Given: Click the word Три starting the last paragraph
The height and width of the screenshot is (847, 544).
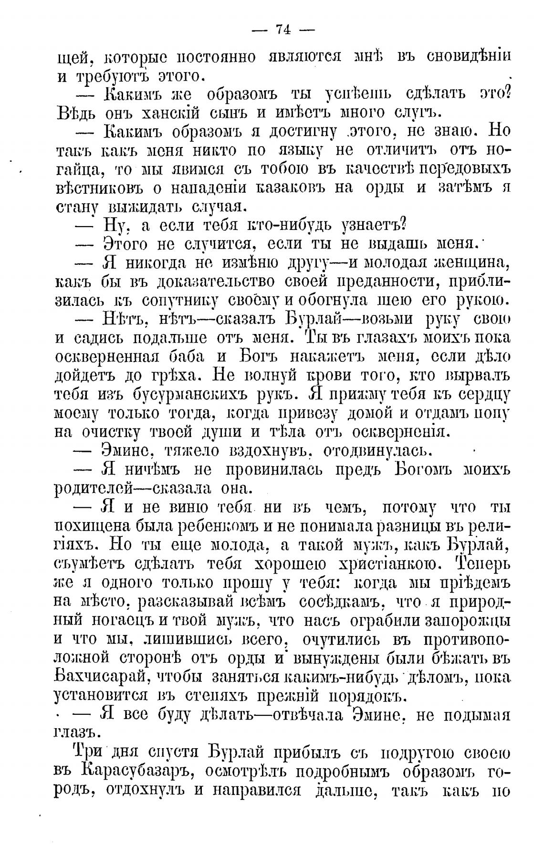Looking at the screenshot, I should click(x=87, y=753).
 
